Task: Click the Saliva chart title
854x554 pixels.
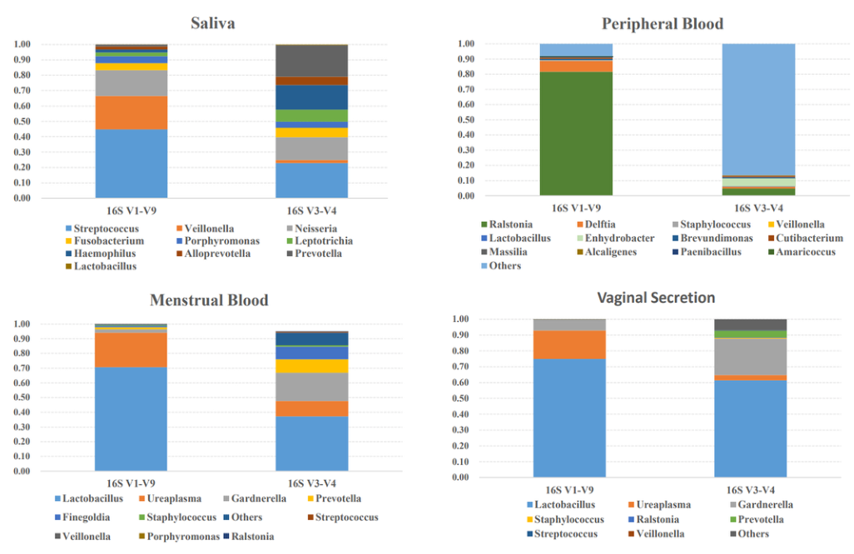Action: click(x=212, y=22)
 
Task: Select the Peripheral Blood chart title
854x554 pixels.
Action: click(x=662, y=23)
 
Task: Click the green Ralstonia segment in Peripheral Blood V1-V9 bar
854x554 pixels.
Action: click(x=576, y=133)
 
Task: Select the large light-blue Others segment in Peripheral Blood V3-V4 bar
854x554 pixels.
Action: click(x=757, y=108)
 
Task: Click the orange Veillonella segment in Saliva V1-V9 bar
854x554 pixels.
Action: click(x=131, y=112)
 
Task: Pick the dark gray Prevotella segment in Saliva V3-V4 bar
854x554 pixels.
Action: click(x=311, y=61)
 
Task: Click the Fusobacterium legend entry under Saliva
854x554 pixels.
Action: click(x=103, y=240)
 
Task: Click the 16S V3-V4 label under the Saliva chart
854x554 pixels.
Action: click(x=311, y=210)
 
